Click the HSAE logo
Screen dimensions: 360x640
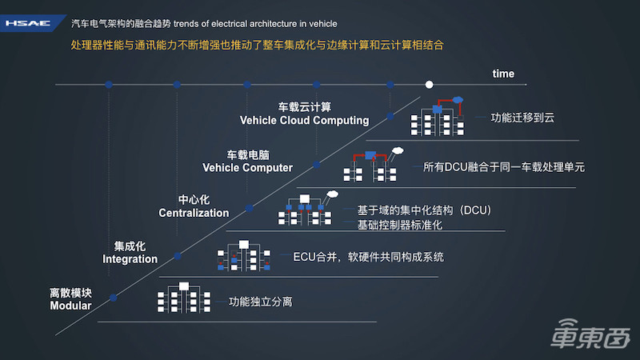(28, 23)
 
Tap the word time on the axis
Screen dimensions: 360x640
(503, 74)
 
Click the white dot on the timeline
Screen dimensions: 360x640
(429, 84)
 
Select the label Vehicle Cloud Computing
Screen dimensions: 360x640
(304, 121)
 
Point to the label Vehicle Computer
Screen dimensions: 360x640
(247, 168)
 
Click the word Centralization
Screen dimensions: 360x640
(194, 214)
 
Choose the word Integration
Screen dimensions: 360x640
(130, 259)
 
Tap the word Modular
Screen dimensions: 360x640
(70, 306)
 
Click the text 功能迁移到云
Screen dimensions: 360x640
(523, 118)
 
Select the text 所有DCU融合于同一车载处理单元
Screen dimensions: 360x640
(504, 168)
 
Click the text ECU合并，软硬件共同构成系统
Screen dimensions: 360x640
(368, 258)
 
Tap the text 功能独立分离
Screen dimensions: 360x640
(260, 302)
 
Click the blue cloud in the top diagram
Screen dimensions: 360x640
(458, 100)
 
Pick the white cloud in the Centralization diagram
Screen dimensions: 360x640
(333, 194)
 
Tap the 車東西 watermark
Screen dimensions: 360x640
(589, 336)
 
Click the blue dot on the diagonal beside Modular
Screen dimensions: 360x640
(114, 298)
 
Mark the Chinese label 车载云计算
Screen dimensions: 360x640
(304, 106)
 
